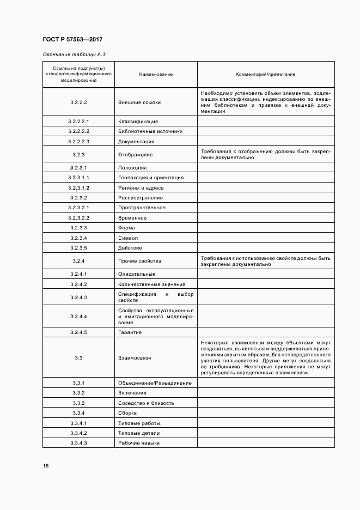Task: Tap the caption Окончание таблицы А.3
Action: (x=70, y=54)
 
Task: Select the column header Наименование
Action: (x=155, y=74)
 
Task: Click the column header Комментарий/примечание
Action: (x=265, y=74)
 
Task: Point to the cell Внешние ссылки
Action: (x=139, y=102)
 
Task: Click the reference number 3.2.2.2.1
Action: (x=78, y=122)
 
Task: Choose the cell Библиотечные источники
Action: (x=150, y=131)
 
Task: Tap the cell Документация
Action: (x=136, y=142)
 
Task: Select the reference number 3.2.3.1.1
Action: (x=78, y=178)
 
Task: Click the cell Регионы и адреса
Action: (x=141, y=188)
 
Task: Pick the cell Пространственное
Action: (x=143, y=208)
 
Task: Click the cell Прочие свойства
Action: (x=139, y=261)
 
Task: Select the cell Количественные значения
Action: (x=151, y=284)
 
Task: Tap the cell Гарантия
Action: (x=130, y=332)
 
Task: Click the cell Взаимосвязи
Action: (x=135, y=358)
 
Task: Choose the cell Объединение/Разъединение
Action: (x=155, y=383)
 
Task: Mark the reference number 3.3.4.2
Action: (x=78, y=433)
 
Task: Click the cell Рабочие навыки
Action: (x=139, y=443)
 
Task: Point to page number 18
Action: (x=46, y=466)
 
